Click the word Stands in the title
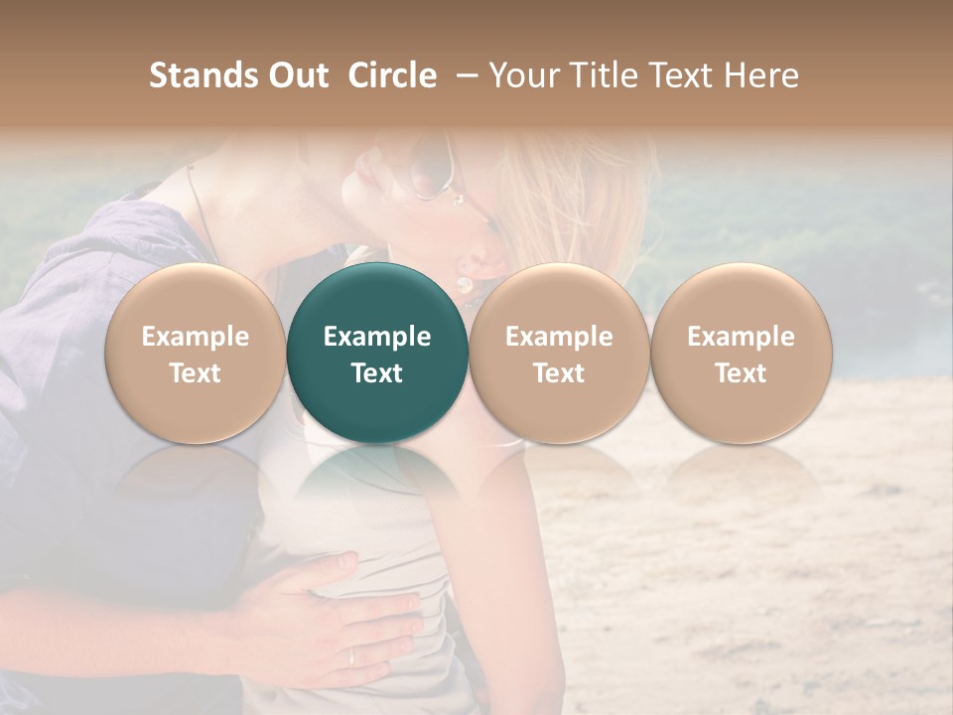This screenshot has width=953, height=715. [203, 75]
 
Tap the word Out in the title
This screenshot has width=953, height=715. [296, 75]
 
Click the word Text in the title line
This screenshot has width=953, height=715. [684, 75]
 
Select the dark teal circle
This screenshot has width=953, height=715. [377, 353]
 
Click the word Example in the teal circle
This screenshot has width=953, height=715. [377, 337]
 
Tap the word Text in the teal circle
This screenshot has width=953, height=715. [377, 373]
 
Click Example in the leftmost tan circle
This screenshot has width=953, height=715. [196, 337]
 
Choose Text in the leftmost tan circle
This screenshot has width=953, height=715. [196, 373]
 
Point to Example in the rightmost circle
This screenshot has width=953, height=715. [741, 337]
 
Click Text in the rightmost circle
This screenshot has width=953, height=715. [741, 373]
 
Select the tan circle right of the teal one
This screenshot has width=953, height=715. [559, 353]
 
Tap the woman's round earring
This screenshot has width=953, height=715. [464, 284]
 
